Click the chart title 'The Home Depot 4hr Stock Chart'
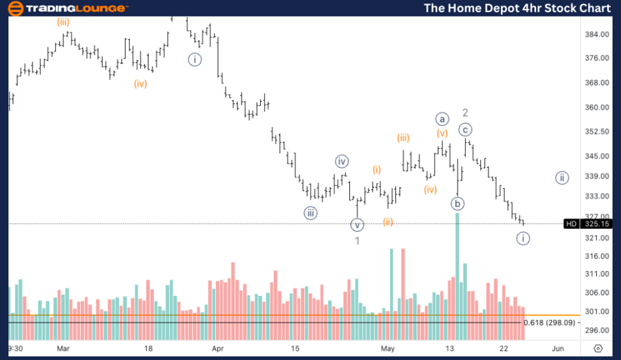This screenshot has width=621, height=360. click(x=517, y=8)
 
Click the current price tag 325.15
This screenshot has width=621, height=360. click(x=595, y=223)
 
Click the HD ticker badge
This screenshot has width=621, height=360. click(x=571, y=223)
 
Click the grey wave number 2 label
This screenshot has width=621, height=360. click(x=466, y=112)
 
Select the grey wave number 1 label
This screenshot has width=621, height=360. click(x=357, y=241)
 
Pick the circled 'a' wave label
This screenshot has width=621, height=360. click(x=442, y=119)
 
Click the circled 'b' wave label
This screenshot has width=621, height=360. click(x=457, y=203)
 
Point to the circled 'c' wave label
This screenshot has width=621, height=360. click(x=466, y=129)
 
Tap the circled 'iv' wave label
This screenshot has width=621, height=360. click(x=342, y=161)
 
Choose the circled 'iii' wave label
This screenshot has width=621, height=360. click(x=311, y=213)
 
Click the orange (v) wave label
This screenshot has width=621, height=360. click(x=442, y=132)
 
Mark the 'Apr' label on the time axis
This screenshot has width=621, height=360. click(x=219, y=349)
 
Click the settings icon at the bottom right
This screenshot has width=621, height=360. click(x=598, y=349)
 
